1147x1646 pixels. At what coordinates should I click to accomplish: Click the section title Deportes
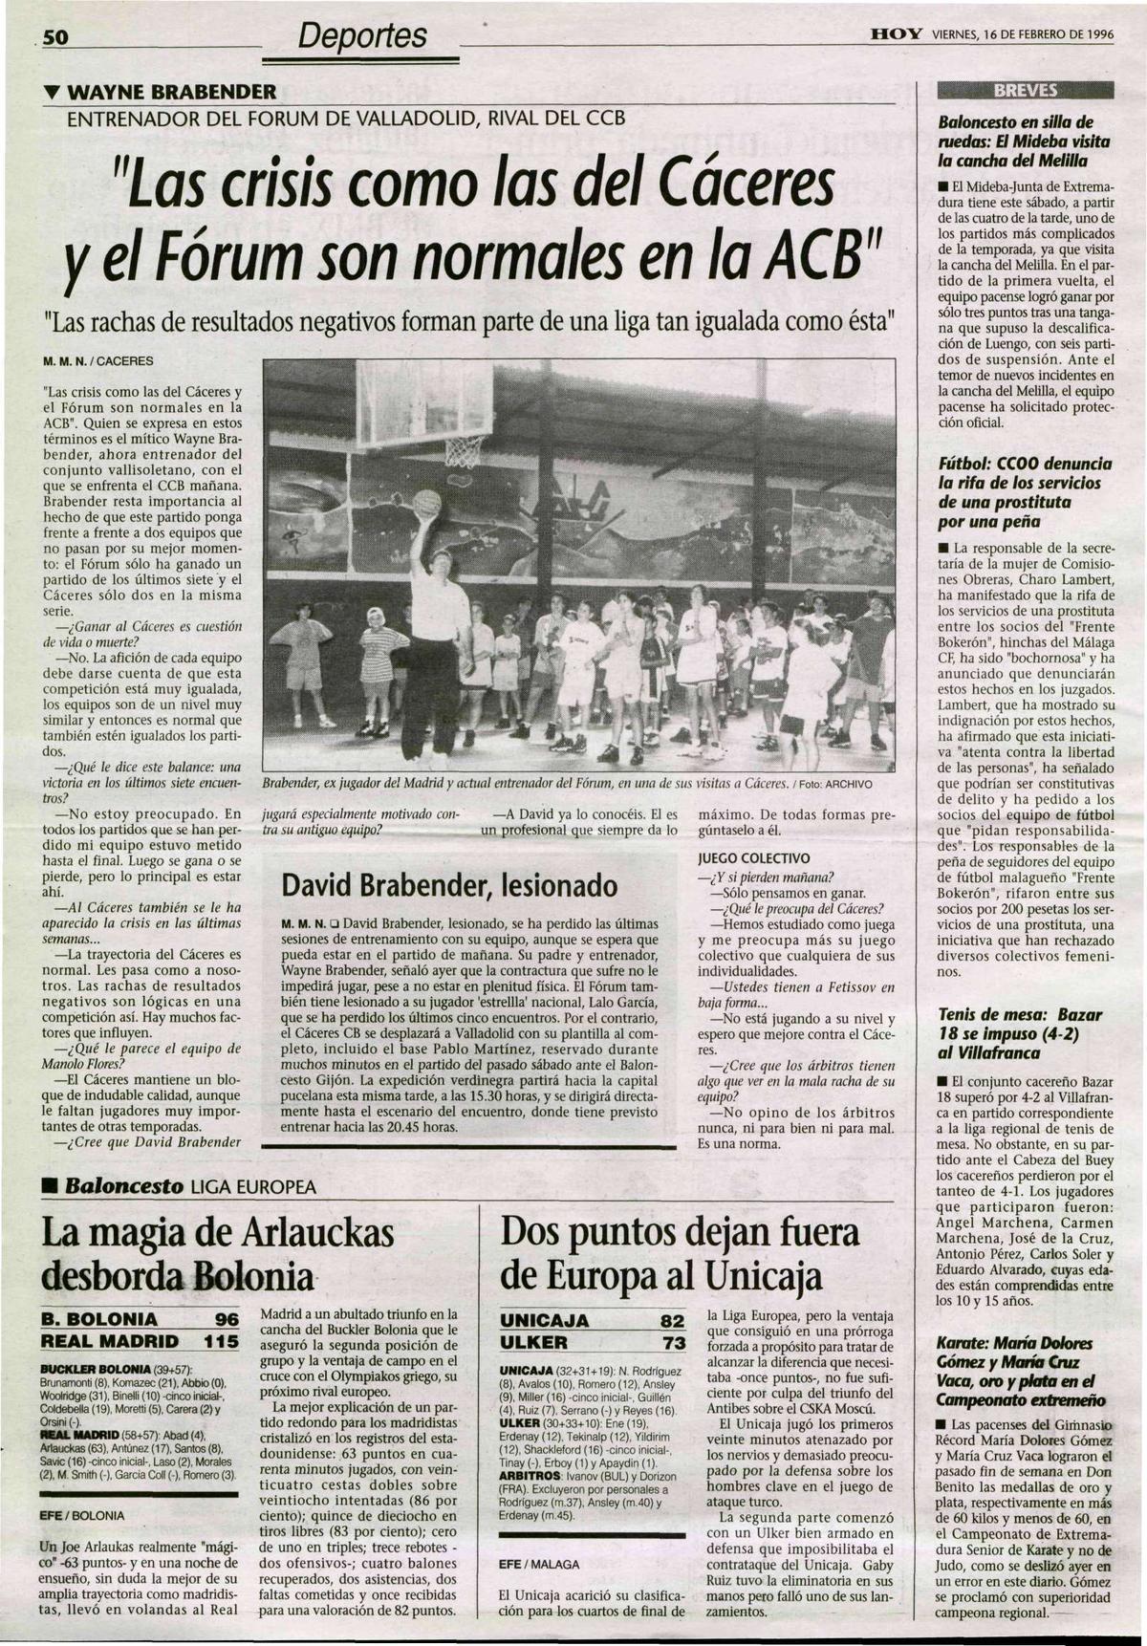[x=361, y=36]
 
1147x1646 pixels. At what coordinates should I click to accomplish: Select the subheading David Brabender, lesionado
[x=449, y=886]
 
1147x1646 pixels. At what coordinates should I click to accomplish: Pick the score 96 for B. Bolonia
[x=226, y=1319]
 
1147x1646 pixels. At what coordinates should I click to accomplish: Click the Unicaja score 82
[x=672, y=1321]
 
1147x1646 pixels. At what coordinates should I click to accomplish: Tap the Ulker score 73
[x=672, y=1342]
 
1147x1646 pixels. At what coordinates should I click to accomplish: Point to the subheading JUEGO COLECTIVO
[x=754, y=858]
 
